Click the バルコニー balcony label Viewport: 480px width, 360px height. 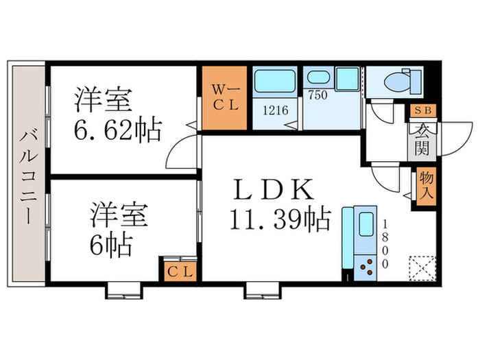pyautogui.click(x=27, y=176)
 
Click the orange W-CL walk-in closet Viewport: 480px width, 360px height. pyautogui.click(x=224, y=98)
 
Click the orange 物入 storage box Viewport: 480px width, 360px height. pyautogui.click(x=424, y=187)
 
